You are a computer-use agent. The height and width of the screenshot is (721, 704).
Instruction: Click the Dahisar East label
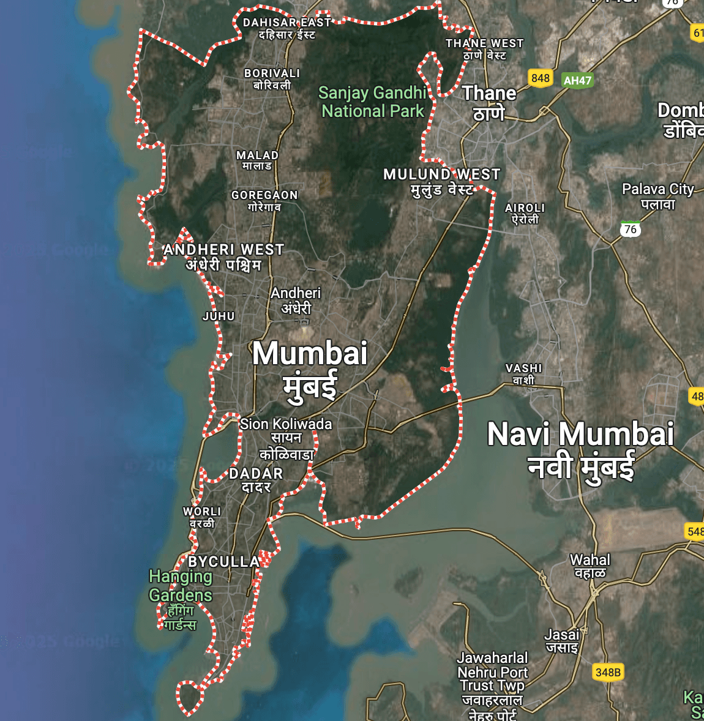click(x=286, y=28)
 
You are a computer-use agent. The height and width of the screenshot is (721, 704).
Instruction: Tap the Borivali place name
click(x=272, y=79)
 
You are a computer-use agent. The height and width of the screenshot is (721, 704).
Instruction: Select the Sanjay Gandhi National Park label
click(x=372, y=102)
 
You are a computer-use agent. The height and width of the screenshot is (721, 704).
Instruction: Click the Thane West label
click(x=484, y=49)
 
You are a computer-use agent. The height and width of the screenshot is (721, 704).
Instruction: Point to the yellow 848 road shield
click(x=541, y=78)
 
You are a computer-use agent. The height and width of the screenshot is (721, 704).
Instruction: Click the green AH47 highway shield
click(x=577, y=80)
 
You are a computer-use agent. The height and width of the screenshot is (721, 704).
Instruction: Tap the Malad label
click(x=257, y=160)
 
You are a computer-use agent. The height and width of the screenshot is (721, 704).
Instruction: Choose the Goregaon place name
click(x=264, y=201)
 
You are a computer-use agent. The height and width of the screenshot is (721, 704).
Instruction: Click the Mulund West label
click(x=441, y=182)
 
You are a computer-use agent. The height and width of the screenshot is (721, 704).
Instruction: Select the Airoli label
click(x=525, y=214)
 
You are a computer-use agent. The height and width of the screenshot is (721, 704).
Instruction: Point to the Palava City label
click(x=658, y=196)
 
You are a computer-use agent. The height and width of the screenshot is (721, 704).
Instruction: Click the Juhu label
click(x=219, y=316)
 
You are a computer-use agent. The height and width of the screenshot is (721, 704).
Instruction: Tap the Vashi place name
click(x=523, y=374)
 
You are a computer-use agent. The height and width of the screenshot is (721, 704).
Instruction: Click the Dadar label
click(x=256, y=480)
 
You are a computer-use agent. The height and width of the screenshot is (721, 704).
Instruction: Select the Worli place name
click(x=202, y=517)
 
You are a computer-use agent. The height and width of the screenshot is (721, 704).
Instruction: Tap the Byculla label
click(x=223, y=562)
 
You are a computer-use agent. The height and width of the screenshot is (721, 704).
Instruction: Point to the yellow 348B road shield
click(x=608, y=672)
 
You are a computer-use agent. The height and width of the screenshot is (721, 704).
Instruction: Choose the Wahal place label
click(x=590, y=566)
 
